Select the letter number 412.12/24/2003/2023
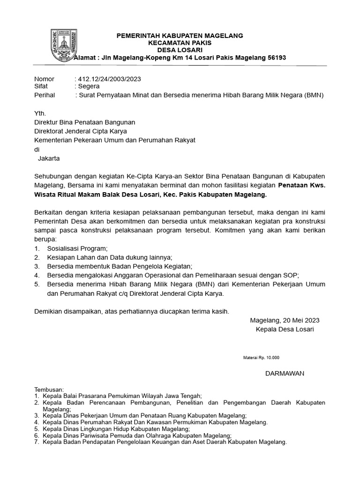(109, 79)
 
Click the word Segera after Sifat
(89, 86)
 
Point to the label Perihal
(45, 95)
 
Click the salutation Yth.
(40, 114)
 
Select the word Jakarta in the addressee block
(48, 158)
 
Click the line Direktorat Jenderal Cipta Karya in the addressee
(81, 131)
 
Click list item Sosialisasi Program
(77, 248)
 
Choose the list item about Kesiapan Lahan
(109, 257)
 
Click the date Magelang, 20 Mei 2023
(285, 320)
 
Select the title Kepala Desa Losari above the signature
(285, 330)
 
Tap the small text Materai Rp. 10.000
(261, 358)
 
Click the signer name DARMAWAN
(285, 373)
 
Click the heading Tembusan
(49, 390)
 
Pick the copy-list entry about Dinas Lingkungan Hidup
(116, 429)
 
